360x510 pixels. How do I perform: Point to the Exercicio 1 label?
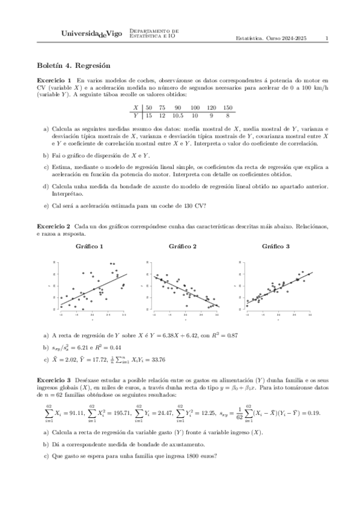(54, 80)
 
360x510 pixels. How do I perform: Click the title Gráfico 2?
(183, 247)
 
